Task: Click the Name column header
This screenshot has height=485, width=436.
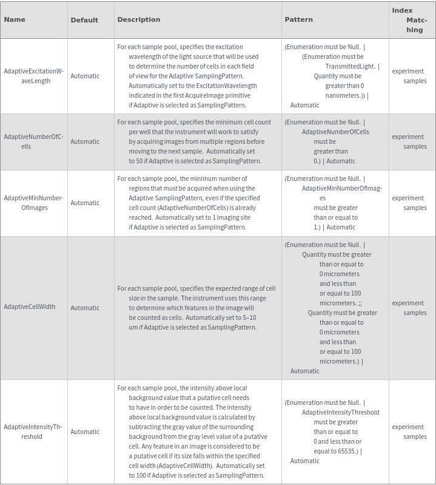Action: point(15,19)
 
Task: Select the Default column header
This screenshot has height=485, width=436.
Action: point(84,20)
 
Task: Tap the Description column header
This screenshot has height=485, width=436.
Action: point(139,19)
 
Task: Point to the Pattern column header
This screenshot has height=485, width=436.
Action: point(298,19)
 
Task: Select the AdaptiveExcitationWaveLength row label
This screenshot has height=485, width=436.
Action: point(33,76)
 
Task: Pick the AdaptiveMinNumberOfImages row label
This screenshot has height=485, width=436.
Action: point(33,203)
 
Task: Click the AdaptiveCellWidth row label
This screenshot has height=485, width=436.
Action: point(30,307)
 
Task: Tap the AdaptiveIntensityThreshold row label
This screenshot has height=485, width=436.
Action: point(33,432)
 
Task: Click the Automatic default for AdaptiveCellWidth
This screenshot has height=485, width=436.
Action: point(85,308)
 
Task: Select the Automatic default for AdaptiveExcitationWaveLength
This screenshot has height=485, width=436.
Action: point(85,76)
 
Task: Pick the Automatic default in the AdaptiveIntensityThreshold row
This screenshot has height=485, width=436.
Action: point(85,432)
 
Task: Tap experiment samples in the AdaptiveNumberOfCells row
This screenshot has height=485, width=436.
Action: point(409,141)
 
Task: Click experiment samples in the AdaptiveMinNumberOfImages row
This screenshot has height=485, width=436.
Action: point(409,203)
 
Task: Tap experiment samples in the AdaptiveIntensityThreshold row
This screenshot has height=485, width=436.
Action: point(409,432)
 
